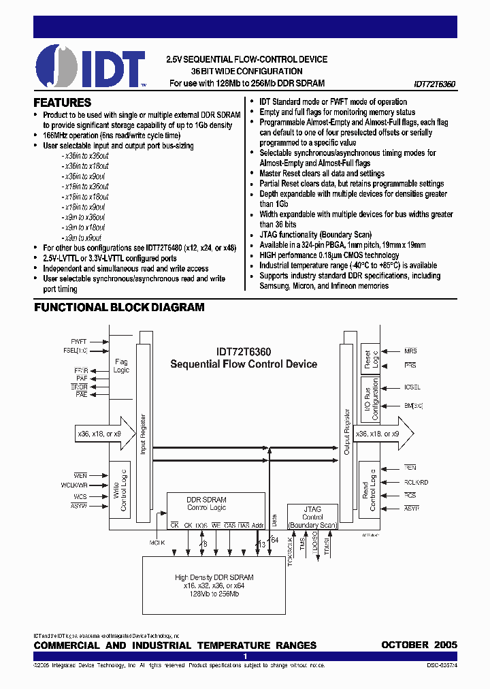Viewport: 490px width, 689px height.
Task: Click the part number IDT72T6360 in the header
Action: click(434, 84)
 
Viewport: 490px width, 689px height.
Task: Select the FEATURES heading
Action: click(63, 103)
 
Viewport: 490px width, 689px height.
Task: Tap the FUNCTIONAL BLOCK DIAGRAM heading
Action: click(119, 308)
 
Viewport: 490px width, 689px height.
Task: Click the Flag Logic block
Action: click(121, 367)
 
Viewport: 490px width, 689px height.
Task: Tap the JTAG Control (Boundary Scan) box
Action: click(312, 517)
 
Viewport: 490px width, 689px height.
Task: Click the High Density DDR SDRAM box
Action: click(214, 585)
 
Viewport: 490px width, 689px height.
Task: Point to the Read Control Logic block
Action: click(368, 490)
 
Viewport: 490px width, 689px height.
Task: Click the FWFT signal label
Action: click(79, 341)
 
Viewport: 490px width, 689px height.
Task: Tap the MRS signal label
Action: click(410, 351)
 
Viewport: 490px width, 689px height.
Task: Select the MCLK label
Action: click(157, 543)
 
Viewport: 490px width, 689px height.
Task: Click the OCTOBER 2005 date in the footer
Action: click(419, 645)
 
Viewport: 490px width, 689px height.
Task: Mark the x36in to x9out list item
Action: click(85, 176)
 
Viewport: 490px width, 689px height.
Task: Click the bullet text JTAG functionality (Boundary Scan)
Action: click(320, 235)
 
